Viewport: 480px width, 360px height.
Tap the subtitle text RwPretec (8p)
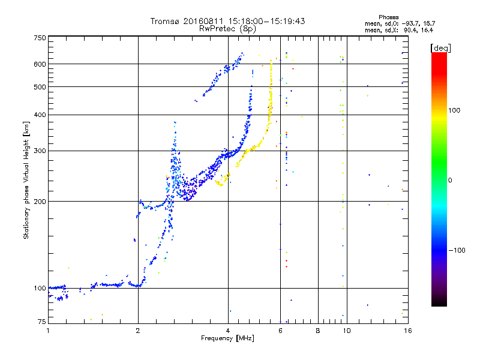(227, 29)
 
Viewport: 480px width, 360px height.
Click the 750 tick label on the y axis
(40, 38)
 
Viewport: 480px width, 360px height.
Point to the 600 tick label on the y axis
(40, 64)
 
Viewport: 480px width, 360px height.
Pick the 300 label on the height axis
(40, 151)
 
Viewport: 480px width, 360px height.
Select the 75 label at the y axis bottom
(42, 322)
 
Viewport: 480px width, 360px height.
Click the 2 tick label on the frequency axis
(138, 331)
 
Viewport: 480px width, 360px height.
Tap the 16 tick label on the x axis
(408, 331)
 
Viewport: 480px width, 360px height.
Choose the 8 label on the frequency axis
(318, 331)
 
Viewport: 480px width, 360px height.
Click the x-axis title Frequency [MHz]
(227, 338)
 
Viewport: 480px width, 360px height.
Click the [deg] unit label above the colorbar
(440, 48)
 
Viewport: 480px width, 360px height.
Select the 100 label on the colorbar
(454, 110)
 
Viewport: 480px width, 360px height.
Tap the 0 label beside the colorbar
(450, 180)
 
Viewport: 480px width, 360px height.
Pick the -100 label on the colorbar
(457, 250)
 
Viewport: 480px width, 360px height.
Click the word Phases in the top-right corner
(388, 17)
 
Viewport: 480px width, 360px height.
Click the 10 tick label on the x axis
(347, 331)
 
